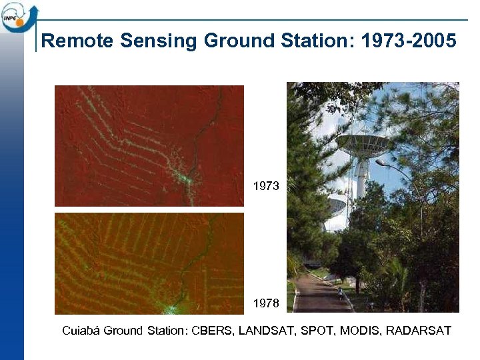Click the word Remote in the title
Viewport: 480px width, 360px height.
[x=77, y=41]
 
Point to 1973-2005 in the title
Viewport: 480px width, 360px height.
[x=408, y=41]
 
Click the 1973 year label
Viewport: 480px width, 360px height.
[x=266, y=186]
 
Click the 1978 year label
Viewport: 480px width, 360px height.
[x=266, y=303]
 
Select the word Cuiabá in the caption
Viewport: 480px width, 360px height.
[x=81, y=331]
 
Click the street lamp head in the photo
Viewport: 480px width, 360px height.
[x=381, y=162]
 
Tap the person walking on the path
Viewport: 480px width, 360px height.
[x=341, y=293]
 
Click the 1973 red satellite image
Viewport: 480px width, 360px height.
[x=149, y=145]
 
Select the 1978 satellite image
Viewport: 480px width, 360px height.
[x=149, y=263]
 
